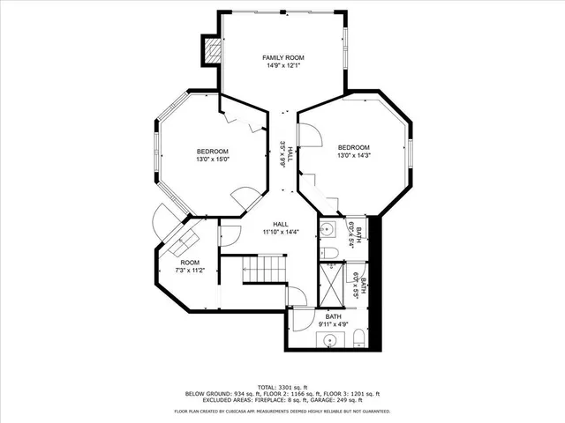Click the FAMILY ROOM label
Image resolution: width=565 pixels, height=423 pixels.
(x=282, y=56)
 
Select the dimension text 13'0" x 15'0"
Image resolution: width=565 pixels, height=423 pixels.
(x=213, y=160)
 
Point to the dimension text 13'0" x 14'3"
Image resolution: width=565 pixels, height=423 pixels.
(x=353, y=156)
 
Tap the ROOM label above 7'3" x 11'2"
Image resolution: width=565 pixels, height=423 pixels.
(x=190, y=263)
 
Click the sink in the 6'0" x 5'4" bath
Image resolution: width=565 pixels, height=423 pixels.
(x=327, y=231)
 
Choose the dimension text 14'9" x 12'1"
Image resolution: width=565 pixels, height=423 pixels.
(x=282, y=65)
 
